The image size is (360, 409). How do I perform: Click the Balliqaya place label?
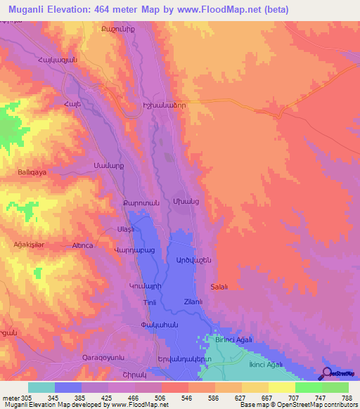[x=31, y=171]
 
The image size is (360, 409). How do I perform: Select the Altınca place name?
[x=83, y=246]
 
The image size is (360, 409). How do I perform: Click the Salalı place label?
[x=219, y=287]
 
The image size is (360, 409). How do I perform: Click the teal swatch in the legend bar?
[x=41, y=387]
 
